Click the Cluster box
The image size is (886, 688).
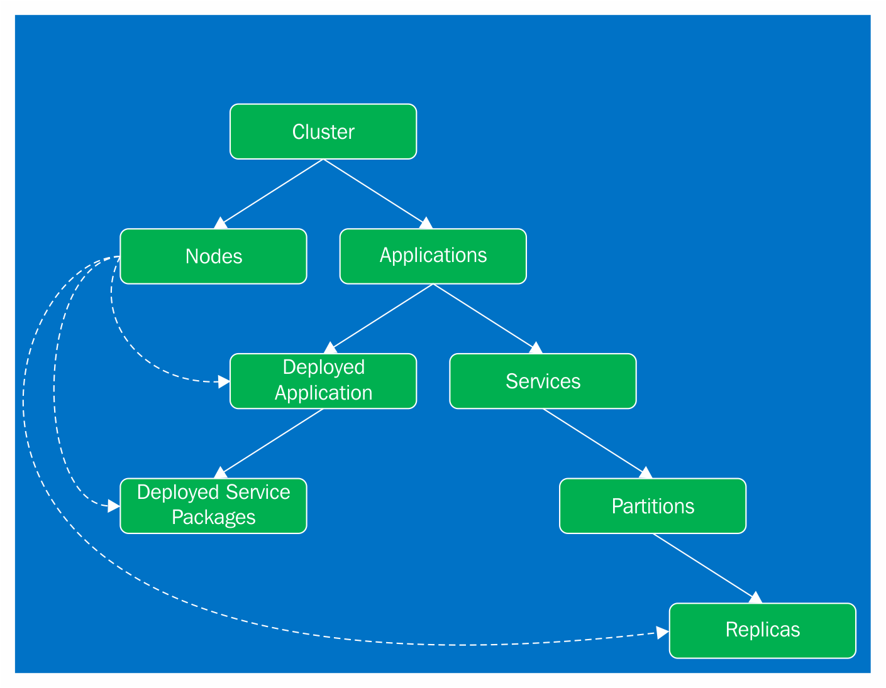coord(323,131)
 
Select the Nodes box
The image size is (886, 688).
coord(213,256)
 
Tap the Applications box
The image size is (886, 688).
coord(433,256)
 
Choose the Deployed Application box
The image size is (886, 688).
coord(323,381)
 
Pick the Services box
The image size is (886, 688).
coord(543,381)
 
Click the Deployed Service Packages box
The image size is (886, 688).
coord(213,506)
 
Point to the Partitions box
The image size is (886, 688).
coord(653,506)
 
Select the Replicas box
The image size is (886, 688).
coord(762,630)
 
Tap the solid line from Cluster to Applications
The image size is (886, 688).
coord(374,191)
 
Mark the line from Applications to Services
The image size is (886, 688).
coord(484,316)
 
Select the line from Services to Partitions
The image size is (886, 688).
coord(594,440)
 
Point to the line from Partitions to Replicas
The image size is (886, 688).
coord(704,565)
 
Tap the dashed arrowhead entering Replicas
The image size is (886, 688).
coord(662,633)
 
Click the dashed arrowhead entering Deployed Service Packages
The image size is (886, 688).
coord(113,506)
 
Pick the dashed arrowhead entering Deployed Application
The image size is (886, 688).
coord(223,381)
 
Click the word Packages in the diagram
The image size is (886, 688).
coord(213,517)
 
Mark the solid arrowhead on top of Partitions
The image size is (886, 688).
coord(646,473)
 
